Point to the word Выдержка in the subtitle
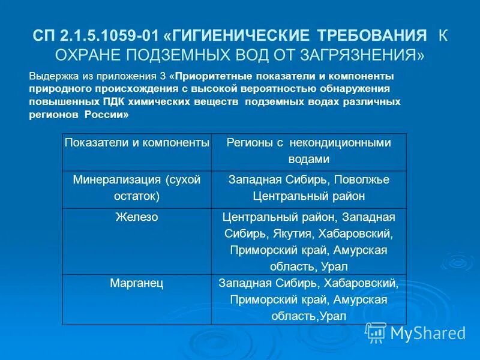coord(52,77)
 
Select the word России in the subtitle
coord(109,115)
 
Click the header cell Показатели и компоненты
coord(137,143)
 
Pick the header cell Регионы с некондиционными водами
coord(308,151)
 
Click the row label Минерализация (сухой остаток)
coord(137,188)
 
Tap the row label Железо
coord(137,217)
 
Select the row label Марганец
coord(137,282)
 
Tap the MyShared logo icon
coord(376,332)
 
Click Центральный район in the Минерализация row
coord(308,196)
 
